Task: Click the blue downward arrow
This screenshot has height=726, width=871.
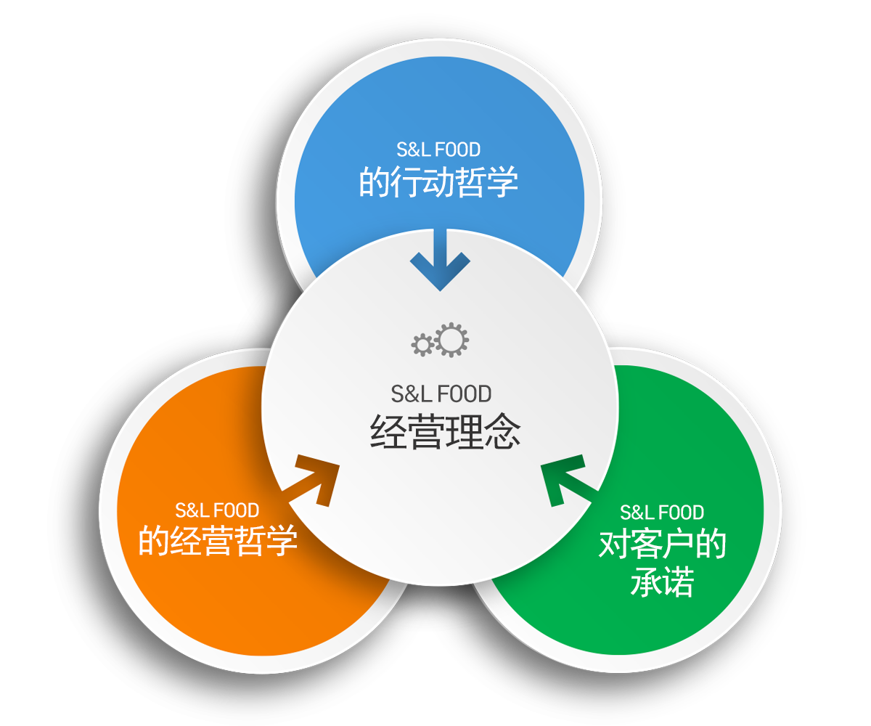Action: (x=440, y=258)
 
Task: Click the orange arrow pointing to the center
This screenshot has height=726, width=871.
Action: (x=313, y=481)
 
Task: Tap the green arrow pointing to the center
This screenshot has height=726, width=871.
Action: (x=568, y=481)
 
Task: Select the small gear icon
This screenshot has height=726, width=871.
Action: (x=422, y=345)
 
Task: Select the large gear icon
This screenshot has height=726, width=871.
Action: (x=451, y=340)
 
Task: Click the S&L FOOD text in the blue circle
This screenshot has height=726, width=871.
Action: (x=438, y=150)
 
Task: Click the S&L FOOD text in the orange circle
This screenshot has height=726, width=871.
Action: (x=217, y=510)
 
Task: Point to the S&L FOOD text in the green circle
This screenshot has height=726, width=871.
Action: (x=662, y=513)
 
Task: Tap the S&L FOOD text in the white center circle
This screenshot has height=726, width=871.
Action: (x=441, y=394)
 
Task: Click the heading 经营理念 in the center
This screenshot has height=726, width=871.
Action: (x=445, y=432)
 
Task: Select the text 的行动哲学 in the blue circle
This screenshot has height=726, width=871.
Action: (x=438, y=182)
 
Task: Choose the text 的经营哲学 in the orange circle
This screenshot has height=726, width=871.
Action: (x=217, y=541)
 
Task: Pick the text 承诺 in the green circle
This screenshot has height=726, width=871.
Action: (x=663, y=582)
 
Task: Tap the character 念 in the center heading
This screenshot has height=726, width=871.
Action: (x=503, y=432)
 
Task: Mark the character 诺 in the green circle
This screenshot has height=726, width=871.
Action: (x=679, y=582)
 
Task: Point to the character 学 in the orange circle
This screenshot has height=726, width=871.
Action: (x=282, y=541)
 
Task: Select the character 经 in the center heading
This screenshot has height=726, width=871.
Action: (x=388, y=432)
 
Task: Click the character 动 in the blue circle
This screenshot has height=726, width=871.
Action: (x=438, y=182)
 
